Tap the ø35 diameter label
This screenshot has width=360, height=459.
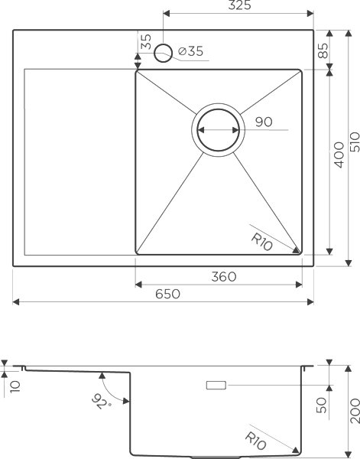190,52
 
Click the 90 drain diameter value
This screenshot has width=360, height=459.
264,122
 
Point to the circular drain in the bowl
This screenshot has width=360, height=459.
220,129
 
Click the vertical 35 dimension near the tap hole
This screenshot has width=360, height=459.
145,43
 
